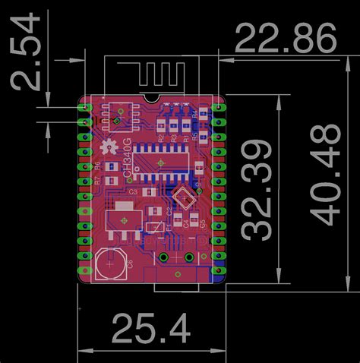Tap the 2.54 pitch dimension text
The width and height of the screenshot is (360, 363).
coord(28,54)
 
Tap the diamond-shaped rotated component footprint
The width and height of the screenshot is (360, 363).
coord(183,199)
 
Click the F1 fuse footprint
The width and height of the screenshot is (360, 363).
coord(155,227)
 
